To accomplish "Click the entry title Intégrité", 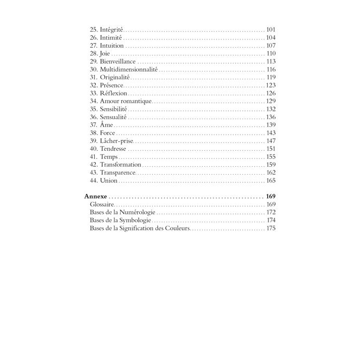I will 111,30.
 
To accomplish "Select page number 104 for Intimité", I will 270,38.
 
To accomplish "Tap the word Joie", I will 106,53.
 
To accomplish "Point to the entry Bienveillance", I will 118,61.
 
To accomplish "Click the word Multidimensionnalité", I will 129,69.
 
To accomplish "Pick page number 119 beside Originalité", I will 270,77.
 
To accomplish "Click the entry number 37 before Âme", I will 93,125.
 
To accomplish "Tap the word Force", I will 108,133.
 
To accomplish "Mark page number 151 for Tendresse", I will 270,149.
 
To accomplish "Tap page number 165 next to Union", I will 270,180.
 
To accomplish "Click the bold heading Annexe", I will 95,197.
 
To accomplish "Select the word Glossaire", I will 102,205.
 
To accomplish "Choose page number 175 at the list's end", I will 270,228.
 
